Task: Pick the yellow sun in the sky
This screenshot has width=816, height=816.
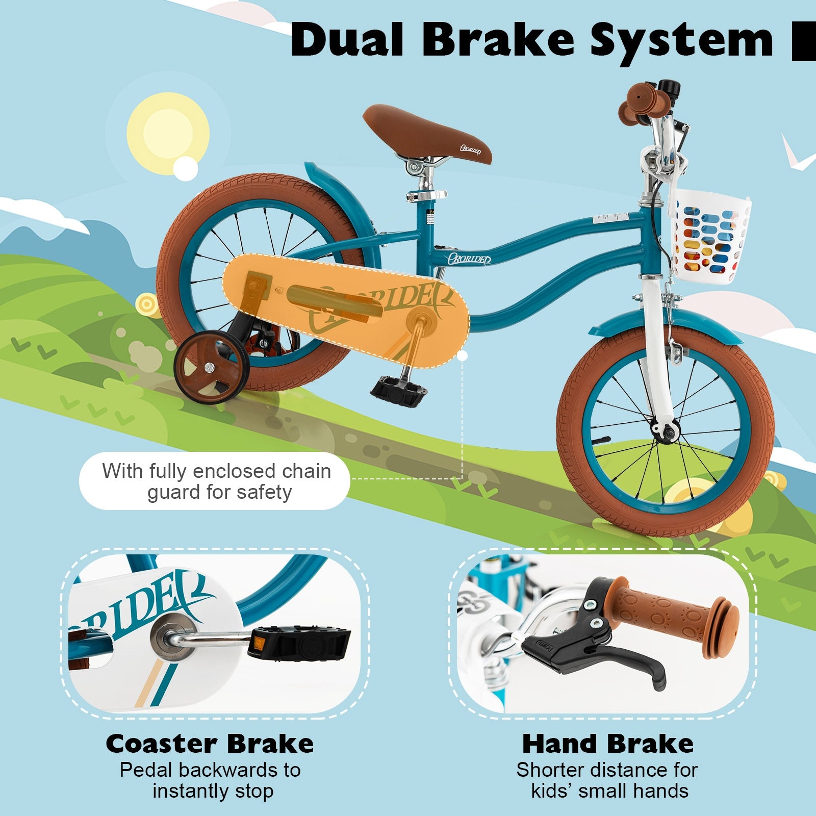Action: coord(168,130)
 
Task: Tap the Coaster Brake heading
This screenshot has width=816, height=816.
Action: coord(210,744)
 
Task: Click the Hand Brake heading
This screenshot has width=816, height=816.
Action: coord(608,744)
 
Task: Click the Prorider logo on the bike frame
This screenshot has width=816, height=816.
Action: coord(469,259)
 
